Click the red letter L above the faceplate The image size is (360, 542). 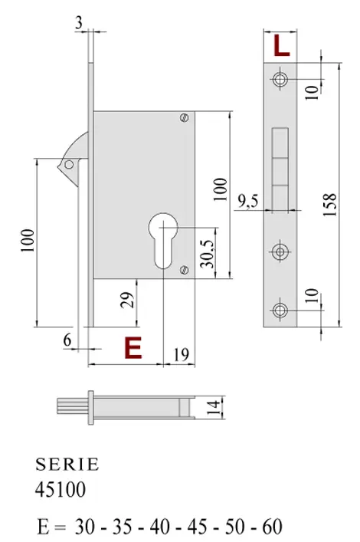tap(281, 47)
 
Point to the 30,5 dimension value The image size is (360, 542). tap(205, 251)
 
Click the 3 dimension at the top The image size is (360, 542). tap(79, 24)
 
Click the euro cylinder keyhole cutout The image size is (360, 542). tap(164, 238)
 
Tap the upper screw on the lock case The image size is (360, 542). tap(184, 117)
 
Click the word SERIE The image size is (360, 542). tap(67, 465)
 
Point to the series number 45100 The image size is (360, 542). tap(61, 488)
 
